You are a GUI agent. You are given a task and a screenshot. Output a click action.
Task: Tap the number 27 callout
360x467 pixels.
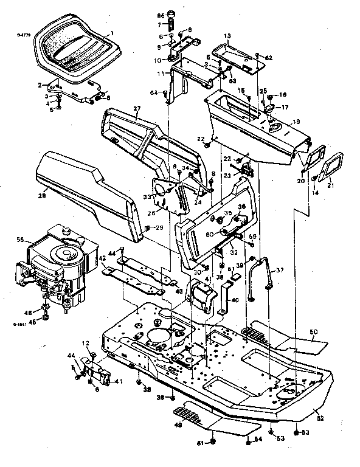pos(137,109)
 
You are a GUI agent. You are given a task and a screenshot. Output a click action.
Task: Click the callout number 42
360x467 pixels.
pos(103,258)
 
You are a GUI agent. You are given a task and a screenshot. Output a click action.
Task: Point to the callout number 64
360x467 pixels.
pos(154,92)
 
